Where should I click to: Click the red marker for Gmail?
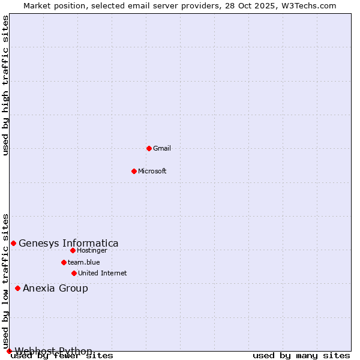click(149, 148)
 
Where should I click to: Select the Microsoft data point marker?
click(134, 171)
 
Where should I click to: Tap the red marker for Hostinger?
click(73, 250)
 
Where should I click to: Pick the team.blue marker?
click(64, 262)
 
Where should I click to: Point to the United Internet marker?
click(74, 273)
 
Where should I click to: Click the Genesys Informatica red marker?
click(13, 243)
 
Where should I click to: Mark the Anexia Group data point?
click(17, 288)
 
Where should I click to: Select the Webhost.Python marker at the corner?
click(9, 351)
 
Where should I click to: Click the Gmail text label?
click(162, 148)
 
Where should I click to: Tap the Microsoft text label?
click(152, 171)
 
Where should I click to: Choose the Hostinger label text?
click(92, 250)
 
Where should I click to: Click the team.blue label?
click(84, 262)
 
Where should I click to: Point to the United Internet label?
click(103, 273)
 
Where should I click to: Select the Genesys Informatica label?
click(68, 243)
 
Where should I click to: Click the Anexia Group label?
click(55, 288)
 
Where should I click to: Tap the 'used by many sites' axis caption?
click(301, 355)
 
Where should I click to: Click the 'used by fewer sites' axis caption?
click(62, 355)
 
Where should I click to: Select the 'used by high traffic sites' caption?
click(5, 85)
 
